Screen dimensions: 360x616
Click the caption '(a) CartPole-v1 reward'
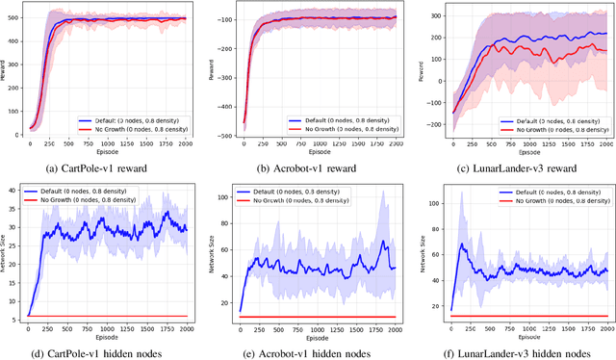101,166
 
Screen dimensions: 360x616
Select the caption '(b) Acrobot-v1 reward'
307,166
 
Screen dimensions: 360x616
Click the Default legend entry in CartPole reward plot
134,120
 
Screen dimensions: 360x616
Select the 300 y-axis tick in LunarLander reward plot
424,15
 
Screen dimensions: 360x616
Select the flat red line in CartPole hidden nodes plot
106,316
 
